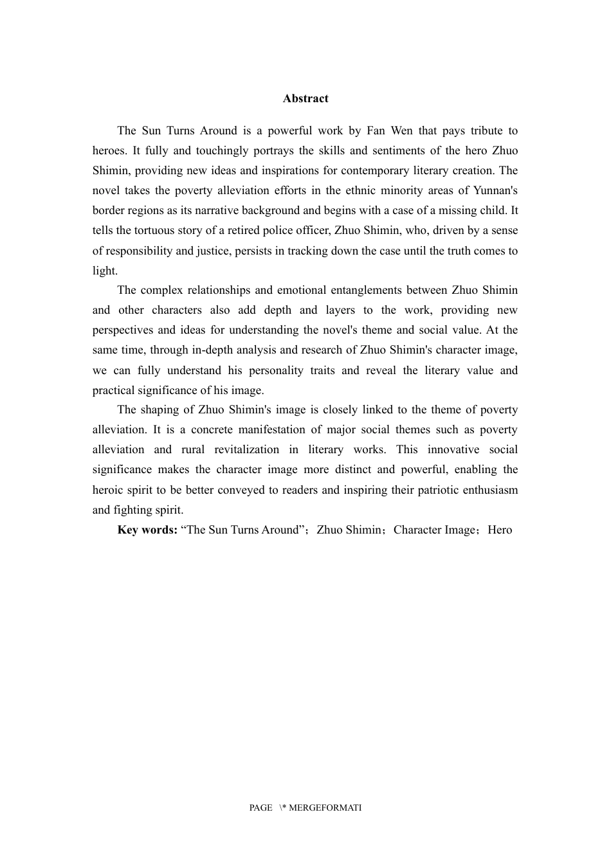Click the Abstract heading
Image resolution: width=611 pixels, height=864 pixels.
[305, 98]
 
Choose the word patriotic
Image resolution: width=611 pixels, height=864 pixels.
[433, 490]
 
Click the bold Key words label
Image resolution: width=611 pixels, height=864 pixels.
[147, 530]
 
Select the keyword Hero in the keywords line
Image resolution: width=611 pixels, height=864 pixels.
[500, 530]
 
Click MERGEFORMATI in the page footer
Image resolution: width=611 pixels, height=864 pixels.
[325, 807]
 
